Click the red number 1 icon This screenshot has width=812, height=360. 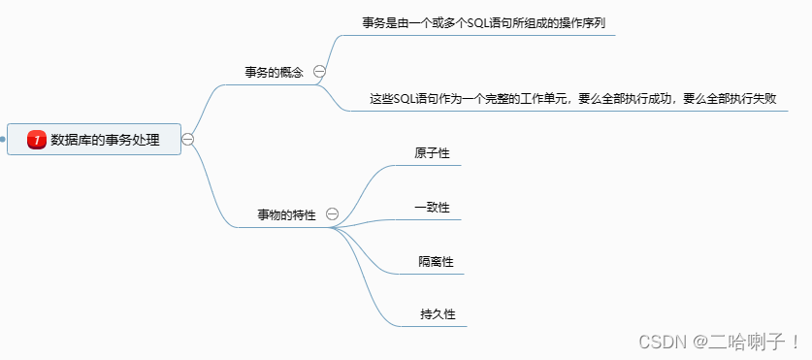click(x=37, y=140)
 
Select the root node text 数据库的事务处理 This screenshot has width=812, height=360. click(x=105, y=140)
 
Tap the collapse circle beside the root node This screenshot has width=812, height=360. click(x=188, y=139)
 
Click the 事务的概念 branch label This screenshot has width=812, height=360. click(x=274, y=72)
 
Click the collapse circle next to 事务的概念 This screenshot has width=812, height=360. click(x=319, y=72)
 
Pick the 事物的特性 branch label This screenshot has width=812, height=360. click(x=286, y=214)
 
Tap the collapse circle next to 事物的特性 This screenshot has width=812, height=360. click(x=332, y=213)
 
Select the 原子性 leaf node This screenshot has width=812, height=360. click(x=432, y=153)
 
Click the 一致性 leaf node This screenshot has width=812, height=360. click(x=432, y=207)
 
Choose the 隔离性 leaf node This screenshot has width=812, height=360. click(x=436, y=261)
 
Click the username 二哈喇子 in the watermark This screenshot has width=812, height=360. click(x=746, y=342)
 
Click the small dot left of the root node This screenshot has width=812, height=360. click(x=3, y=140)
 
